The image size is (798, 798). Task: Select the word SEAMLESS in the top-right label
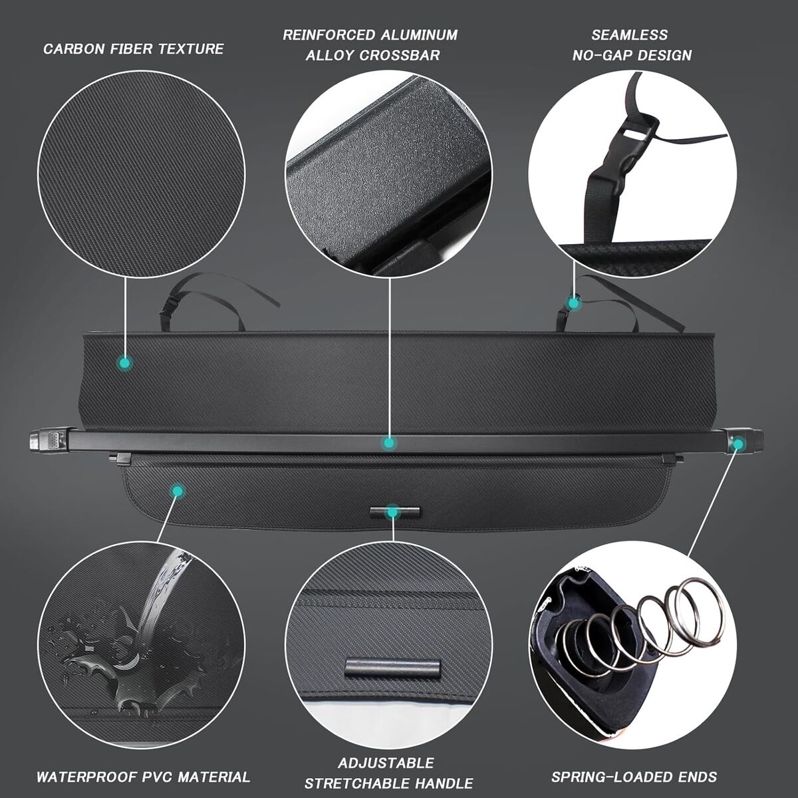coord(630,35)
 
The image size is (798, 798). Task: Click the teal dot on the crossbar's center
coord(388,443)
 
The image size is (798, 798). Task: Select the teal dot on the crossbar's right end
coord(737,444)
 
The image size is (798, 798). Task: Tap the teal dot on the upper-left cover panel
coord(124,364)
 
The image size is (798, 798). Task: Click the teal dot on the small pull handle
coord(391,513)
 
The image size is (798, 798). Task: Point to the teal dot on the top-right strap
coord(573,303)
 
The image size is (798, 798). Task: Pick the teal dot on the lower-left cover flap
coord(178,491)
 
